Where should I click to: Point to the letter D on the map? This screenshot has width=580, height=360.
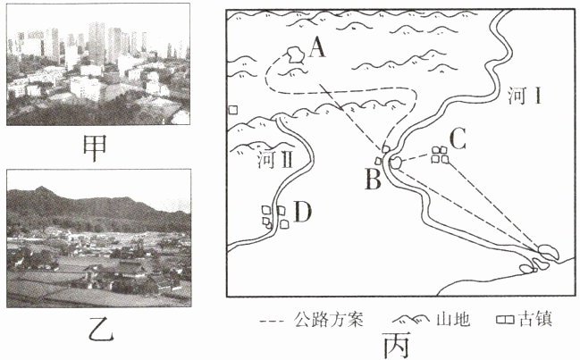pyautogui.click(x=303, y=212)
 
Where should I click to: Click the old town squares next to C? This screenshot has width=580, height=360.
pyautogui.click(x=438, y=155)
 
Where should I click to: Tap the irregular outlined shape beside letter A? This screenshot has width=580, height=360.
pyautogui.click(x=291, y=55)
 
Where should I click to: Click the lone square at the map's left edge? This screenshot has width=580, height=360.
pyautogui.click(x=233, y=110)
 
